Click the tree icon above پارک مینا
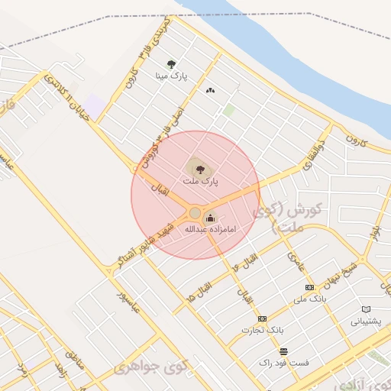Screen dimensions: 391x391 [170, 64]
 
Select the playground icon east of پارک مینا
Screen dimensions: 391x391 [210, 90]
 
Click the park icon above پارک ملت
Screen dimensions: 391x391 [200, 170]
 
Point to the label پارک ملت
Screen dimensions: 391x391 [200, 182]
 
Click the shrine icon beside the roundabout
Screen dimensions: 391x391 [210, 218]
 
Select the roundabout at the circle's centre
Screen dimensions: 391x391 [195, 212]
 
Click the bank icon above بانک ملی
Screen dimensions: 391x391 [309, 287]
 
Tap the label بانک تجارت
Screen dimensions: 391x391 [263, 330]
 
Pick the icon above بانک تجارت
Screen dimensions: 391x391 [263, 318]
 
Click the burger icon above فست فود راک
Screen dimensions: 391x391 [283, 351]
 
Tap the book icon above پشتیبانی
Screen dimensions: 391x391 [366, 309]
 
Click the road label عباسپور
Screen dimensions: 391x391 [126, 302]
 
